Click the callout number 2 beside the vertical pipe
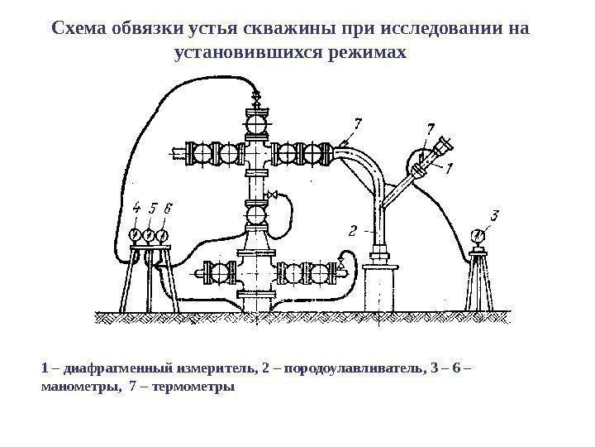click(x=354, y=229)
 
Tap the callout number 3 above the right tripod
click(x=494, y=217)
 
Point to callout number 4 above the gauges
click(x=136, y=209)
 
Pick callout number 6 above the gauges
click(x=168, y=209)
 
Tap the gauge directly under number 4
click(x=136, y=236)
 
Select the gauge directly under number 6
click(x=164, y=236)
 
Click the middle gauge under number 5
click(x=150, y=236)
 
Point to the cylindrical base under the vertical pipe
click(x=381, y=286)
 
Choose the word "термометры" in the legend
click(x=193, y=386)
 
